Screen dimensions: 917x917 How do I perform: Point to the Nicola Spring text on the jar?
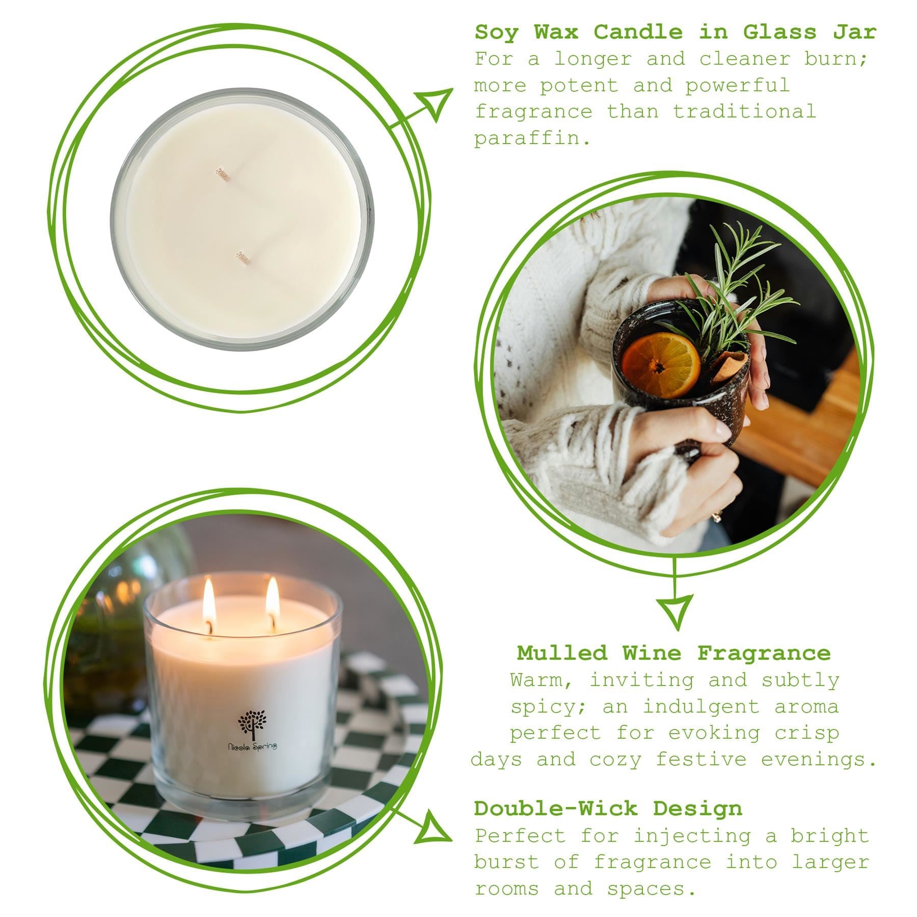coord(252,747)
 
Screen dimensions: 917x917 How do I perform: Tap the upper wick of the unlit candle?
coord(223,173)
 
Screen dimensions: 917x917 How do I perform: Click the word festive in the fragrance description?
coord(701,760)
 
